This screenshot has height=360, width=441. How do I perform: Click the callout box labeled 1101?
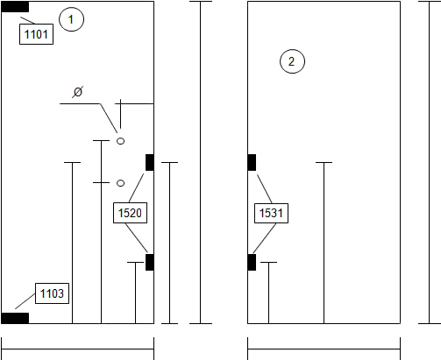coord(36,34)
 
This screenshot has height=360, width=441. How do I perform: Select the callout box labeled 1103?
coord(52,293)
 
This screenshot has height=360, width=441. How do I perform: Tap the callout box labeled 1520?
coord(130,213)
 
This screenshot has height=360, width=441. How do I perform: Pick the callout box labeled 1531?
coord(271,213)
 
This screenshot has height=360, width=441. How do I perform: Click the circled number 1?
coord(71,19)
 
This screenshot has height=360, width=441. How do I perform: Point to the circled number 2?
coord(292,61)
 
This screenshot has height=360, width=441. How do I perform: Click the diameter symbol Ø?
coord(78,92)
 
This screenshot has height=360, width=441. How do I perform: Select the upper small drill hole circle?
coord(120,141)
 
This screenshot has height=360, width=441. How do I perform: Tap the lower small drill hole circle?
coord(120,183)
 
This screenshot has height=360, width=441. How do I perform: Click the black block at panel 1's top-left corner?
coord(15,7)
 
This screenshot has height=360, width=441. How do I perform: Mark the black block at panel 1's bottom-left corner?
coord(15,318)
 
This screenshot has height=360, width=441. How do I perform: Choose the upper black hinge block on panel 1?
coord(150,162)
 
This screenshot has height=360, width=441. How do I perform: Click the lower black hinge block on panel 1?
coord(150,262)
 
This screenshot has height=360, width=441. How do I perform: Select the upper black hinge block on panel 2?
coord(252,162)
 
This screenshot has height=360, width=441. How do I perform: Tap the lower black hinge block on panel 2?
coord(252,262)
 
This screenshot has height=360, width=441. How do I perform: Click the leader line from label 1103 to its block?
coord(25,301)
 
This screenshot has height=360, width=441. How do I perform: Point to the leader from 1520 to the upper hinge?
coord(136,188)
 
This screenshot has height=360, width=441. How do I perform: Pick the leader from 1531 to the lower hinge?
coord(265,238)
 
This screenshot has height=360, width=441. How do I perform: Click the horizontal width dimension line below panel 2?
coord(324,349)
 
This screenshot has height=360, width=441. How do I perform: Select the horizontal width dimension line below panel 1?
coord(78,349)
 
